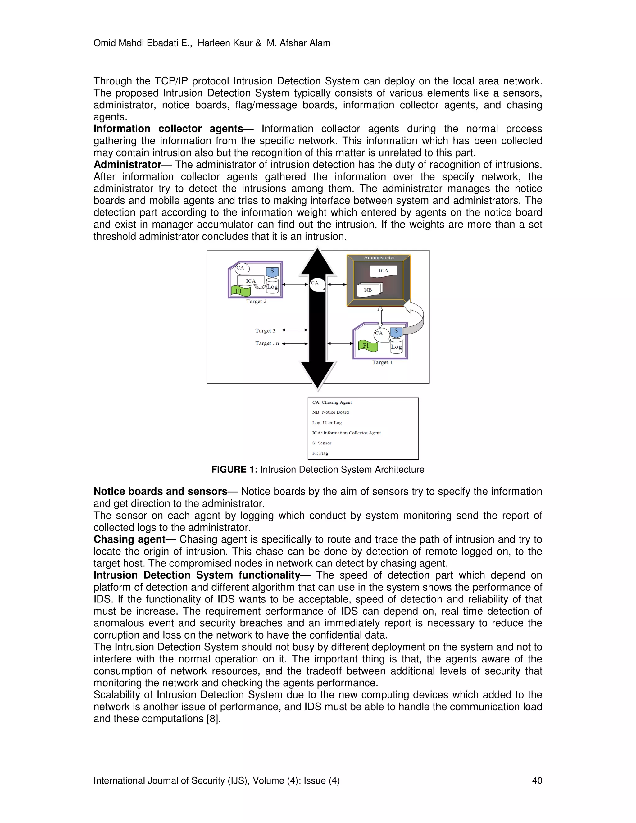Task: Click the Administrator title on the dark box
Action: pos(379,258)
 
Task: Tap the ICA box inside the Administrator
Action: pos(383,271)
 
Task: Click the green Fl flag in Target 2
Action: pos(240,291)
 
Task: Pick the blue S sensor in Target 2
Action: pos(272,271)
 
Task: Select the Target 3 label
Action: pos(265,331)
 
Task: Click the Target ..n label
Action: pos(267,343)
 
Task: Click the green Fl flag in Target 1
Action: pos(367,346)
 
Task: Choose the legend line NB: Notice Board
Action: pos(330,412)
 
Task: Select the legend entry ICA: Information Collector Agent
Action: pos(346,433)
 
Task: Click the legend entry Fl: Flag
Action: pos(320,453)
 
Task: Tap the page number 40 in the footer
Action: pos(537,780)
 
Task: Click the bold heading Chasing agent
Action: pos(129,540)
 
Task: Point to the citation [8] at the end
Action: pos(213,719)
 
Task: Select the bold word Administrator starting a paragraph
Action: pos(127,165)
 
